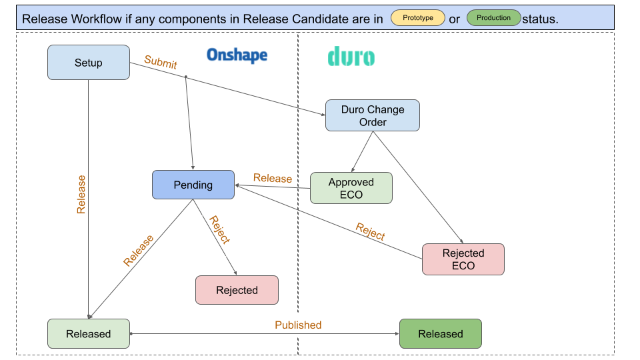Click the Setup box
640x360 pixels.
(x=89, y=63)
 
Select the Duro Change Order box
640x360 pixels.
(x=373, y=115)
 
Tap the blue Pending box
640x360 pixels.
(x=193, y=185)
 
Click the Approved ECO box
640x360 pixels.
(x=351, y=188)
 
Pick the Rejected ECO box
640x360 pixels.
(x=463, y=259)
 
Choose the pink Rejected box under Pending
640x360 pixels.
(x=237, y=290)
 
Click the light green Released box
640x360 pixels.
(x=89, y=333)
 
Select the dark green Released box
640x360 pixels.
(x=441, y=333)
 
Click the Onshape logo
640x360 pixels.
(x=237, y=55)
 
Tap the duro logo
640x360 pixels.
(x=351, y=57)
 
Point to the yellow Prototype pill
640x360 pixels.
(x=418, y=18)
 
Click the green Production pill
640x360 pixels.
(x=494, y=18)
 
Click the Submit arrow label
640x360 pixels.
(x=161, y=63)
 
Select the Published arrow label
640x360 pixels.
(x=298, y=325)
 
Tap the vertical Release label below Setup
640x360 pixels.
(x=81, y=194)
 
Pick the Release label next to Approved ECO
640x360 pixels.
(x=273, y=179)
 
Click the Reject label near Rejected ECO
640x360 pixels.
(x=371, y=231)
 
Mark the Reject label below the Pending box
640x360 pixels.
(x=219, y=230)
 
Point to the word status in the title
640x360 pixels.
(x=540, y=19)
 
